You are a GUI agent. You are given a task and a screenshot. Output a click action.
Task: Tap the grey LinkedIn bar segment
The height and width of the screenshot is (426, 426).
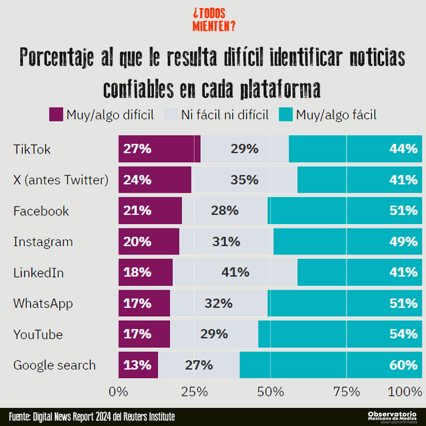pyautogui.click(x=235, y=273)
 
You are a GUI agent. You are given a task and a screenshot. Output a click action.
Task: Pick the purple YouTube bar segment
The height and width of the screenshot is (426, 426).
pyautogui.click(x=144, y=334)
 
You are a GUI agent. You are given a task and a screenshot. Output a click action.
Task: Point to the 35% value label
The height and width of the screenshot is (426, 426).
pyautogui.click(x=244, y=180)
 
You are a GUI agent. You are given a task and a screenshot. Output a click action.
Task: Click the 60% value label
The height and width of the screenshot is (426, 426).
pyautogui.click(x=403, y=365)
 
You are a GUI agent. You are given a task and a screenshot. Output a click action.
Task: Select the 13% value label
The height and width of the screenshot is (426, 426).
pyautogui.click(x=137, y=365)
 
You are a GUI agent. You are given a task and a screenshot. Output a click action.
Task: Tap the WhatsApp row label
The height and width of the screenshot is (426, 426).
pyautogui.click(x=43, y=304)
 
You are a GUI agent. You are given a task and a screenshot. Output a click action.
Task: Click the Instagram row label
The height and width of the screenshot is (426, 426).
pyautogui.click(x=43, y=242)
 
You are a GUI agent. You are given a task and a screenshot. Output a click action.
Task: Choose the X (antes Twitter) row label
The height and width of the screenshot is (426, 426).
pyautogui.click(x=61, y=181)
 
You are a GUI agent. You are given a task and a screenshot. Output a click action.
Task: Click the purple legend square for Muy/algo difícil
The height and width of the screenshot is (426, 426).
pyautogui.click(x=56, y=114)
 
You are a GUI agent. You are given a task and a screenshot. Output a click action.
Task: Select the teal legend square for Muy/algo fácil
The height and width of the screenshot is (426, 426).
pyautogui.click(x=285, y=114)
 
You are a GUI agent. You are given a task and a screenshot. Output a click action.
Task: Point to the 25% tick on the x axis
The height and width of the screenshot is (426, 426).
pyautogui.click(x=194, y=392)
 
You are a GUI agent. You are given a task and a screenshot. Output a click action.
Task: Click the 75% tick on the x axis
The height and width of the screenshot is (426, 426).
pyautogui.click(x=347, y=392)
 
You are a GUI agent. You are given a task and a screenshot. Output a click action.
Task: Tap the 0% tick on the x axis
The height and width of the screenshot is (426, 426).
pyautogui.click(x=118, y=392)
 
